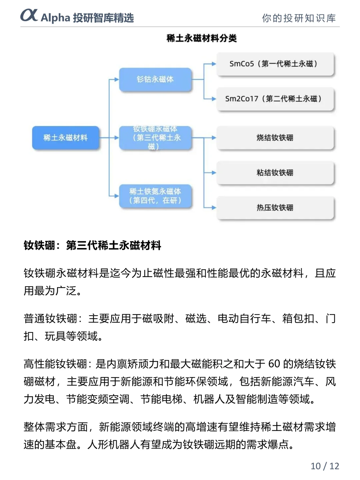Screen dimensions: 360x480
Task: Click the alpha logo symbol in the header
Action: pyautogui.click(x=29, y=15)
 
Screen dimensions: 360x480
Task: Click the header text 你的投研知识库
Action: pyautogui.click(x=299, y=18)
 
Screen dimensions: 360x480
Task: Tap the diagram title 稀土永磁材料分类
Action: pyautogui.click(x=201, y=38)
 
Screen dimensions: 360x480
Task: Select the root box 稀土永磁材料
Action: pyautogui.click(x=66, y=138)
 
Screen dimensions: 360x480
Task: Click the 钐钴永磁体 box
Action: pyautogui.click(x=155, y=79)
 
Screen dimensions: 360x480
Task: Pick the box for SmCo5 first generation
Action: pyautogui.click(x=275, y=64)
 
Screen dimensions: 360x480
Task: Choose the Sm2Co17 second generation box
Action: pyautogui.click(x=275, y=99)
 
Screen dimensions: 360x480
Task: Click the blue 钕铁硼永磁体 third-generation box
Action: pyautogui.click(x=155, y=138)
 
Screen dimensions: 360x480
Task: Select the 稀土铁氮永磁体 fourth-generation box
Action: pyautogui.click(x=155, y=196)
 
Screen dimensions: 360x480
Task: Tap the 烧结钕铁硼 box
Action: pyautogui.click(x=275, y=138)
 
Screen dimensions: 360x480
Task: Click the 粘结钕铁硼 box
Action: pyautogui.click(x=275, y=173)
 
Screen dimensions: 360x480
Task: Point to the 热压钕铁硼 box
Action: pyautogui.click(x=275, y=208)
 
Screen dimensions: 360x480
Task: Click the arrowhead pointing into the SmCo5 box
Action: pyautogui.click(x=214, y=64)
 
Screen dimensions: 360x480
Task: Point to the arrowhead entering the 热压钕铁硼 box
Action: pyautogui.click(x=214, y=208)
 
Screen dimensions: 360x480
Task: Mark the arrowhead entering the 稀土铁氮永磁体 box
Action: pyautogui.click(x=116, y=196)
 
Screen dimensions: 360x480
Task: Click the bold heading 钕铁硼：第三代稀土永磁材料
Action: pyautogui.click(x=92, y=246)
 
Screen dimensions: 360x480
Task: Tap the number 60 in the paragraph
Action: pyautogui.click(x=274, y=364)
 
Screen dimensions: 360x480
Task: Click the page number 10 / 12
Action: pyautogui.click(x=325, y=466)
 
